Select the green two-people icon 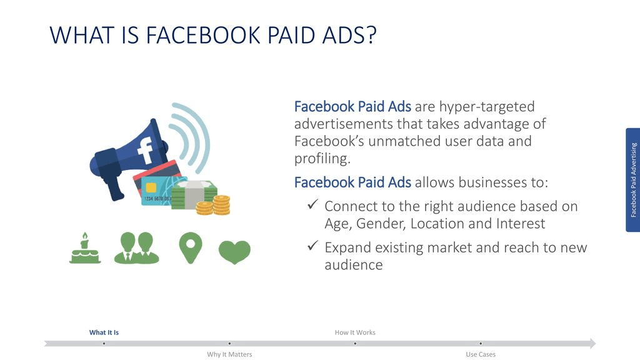(x=136, y=247)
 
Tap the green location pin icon (x=191, y=247)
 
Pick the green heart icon (x=235, y=252)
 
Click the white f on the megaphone (x=145, y=150)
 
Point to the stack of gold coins (x=214, y=205)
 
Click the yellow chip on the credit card (x=151, y=187)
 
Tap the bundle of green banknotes (x=193, y=195)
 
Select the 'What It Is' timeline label (x=104, y=332)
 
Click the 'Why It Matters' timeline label (x=229, y=354)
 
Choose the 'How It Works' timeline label (x=355, y=332)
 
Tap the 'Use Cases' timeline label (x=481, y=354)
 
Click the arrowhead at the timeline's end (x=592, y=343)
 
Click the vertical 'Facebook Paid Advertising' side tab (x=632, y=180)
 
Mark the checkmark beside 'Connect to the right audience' (x=313, y=204)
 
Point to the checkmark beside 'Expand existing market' (x=313, y=245)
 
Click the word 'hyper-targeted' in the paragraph (x=487, y=107)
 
